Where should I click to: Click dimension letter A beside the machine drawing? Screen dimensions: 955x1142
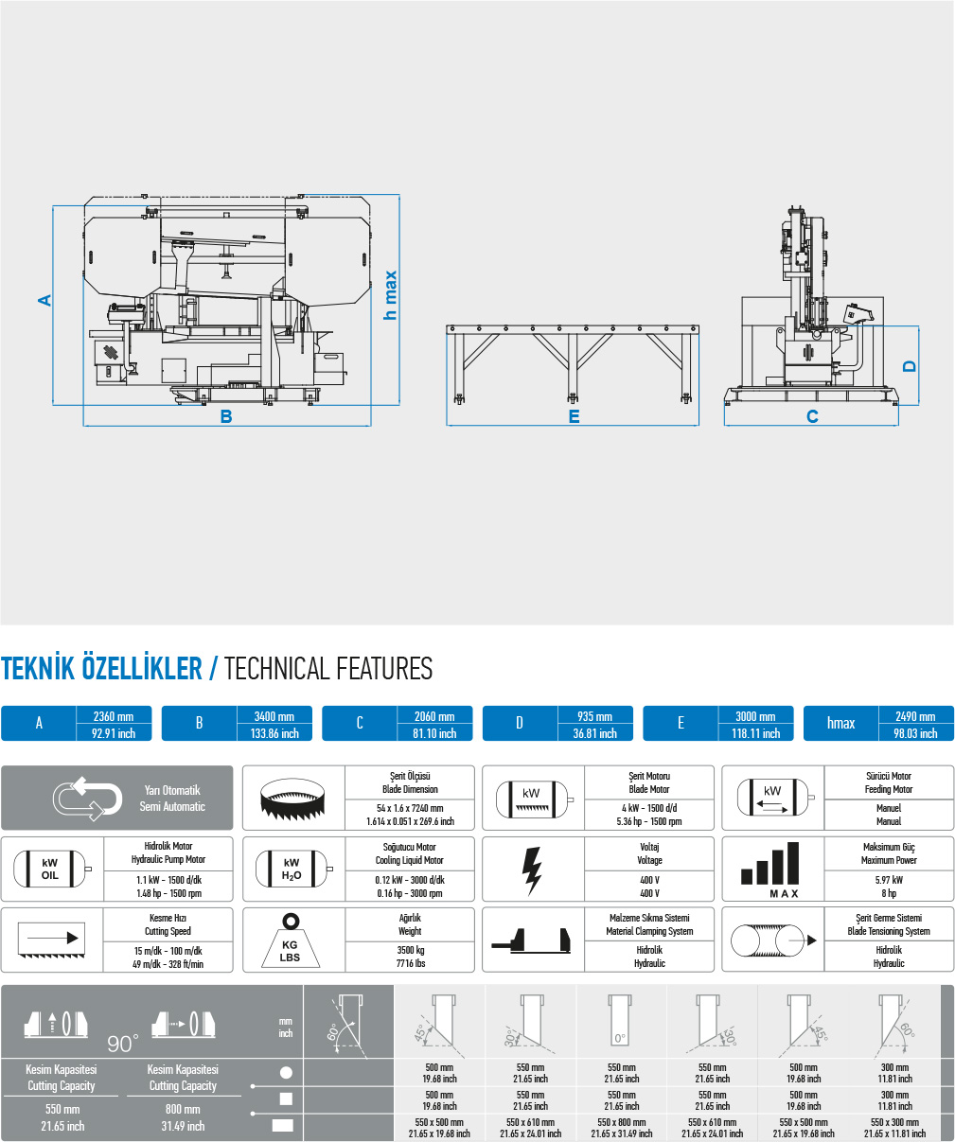tap(44, 300)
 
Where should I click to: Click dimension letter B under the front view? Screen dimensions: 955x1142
tap(226, 416)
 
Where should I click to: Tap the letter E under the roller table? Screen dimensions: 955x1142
tap(575, 416)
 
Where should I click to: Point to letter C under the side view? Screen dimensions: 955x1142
tap(813, 416)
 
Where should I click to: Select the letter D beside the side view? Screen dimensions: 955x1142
tap(909, 366)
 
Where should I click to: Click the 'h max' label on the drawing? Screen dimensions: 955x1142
tap(390, 295)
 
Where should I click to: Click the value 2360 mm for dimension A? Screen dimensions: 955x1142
tap(114, 716)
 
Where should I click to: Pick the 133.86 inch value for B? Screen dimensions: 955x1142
tap(274, 733)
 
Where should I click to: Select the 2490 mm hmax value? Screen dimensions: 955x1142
tap(915, 716)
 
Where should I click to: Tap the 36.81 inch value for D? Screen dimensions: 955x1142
tap(595, 733)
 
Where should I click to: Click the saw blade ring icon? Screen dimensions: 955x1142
tap(292, 798)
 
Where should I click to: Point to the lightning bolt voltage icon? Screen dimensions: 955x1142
tap(532, 871)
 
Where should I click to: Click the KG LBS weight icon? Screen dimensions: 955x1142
tap(290, 940)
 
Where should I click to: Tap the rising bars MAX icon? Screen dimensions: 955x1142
tap(770, 870)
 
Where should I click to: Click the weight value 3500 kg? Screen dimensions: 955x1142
tap(411, 950)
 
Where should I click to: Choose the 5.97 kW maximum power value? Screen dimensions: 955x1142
tap(889, 880)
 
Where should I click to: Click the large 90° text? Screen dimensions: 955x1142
tap(123, 1045)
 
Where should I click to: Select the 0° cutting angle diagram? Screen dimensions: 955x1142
tap(620, 1022)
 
